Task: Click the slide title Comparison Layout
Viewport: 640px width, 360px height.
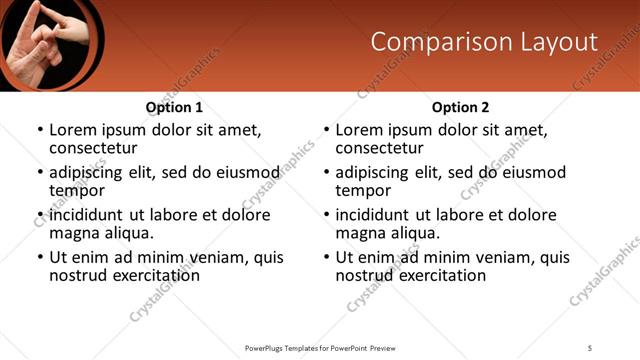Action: coord(484,42)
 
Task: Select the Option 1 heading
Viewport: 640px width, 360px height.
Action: coord(174,107)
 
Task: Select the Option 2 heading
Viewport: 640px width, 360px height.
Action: coord(460,107)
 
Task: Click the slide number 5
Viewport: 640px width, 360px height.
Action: coord(590,347)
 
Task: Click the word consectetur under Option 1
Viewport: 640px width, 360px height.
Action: coord(93,148)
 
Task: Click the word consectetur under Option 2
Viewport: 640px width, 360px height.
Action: coord(379,148)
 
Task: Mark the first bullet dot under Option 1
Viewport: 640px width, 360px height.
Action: coord(40,131)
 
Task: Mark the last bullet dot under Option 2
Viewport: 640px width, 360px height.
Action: coord(326,258)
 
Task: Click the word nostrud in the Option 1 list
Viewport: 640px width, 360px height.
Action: coord(78,275)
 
